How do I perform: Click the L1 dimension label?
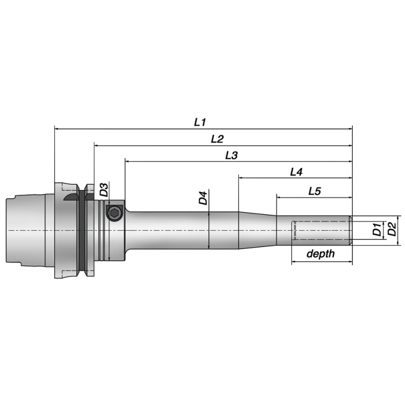pyautogui.click(x=200, y=122)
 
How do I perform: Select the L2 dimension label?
pyautogui.click(x=217, y=139)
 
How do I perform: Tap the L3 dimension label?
pyautogui.click(x=231, y=155)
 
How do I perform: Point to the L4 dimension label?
pyautogui.click(x=296, y=172)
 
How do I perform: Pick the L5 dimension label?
pyautogui.click(x=314, y=191)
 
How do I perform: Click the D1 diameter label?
pyautogui.click(x=377, y=230)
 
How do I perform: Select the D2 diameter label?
pyautogui.click(x=391, y=230)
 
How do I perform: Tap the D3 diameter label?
pyautogui.click(x=104, y=190)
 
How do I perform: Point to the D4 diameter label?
pyautogui.click(x=203, y=198)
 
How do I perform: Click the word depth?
pyautogui.click(x=320, y=254)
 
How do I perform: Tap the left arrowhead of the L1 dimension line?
pyautogui.click(x=57, y=129)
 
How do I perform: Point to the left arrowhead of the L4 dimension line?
pyautogui.click(x=241, y=178)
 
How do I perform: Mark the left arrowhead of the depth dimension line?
pyautogui.click(x=294, y=262)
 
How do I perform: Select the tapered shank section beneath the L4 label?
pyautogui.click(x=257, y=230)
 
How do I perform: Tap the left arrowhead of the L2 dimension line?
pyautogui.click(x=96, y=145)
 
